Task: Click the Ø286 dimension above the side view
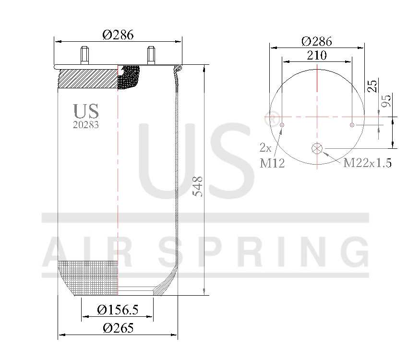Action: [118, 35]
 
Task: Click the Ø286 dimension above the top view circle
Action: [316, 41]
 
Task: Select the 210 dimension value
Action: [316, 55]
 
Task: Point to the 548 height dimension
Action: [198, 186]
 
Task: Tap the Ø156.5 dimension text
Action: [118, 310]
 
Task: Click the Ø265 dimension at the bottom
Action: [118, 328]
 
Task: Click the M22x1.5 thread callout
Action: [367, 163]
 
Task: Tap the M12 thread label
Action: [272, 164]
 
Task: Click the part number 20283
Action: [86, 124]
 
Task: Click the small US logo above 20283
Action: [86, 111]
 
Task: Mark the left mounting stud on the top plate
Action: [85, 55]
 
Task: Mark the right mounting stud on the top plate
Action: [151, 55]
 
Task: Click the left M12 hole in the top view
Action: [282, 125]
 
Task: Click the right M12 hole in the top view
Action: [352, 125]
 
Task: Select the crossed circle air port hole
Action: [317, 148]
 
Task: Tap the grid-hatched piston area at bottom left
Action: [89, 277]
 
